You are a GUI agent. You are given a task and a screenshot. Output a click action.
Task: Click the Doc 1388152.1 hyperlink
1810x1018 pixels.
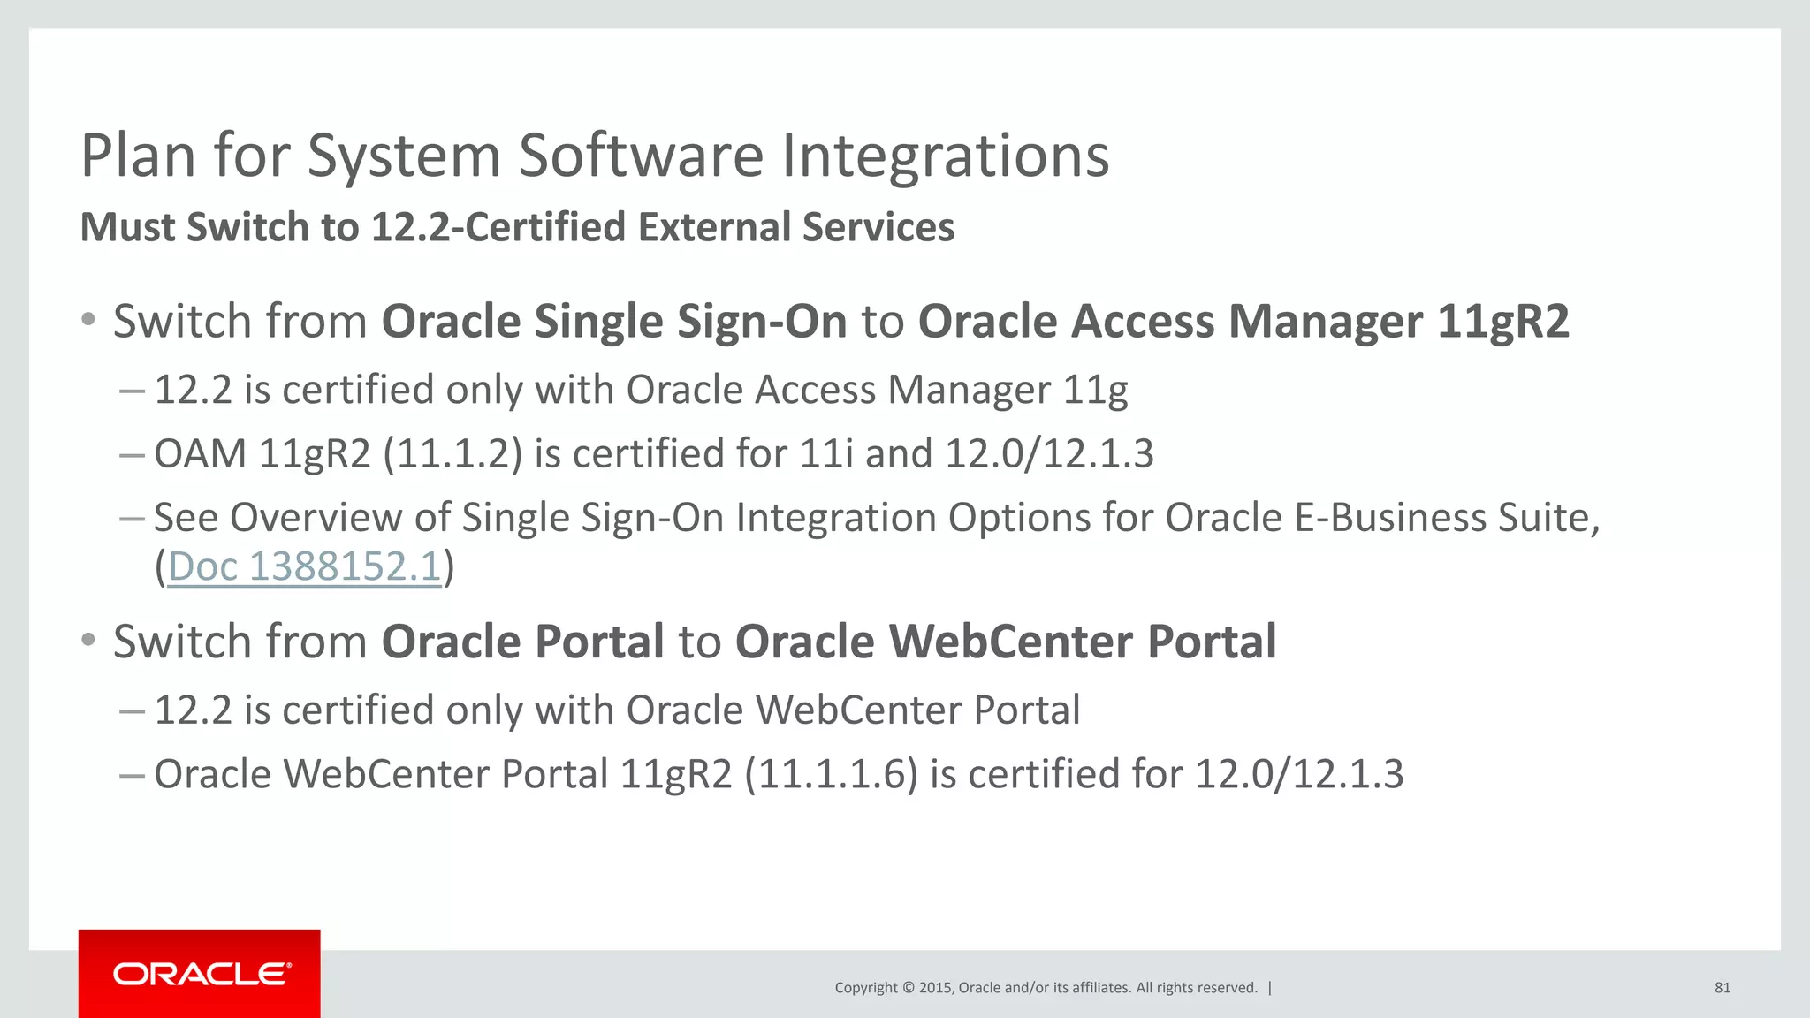click(x=304, y=566)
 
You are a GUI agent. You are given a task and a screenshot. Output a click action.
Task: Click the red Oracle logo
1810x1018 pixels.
click(x=200, y=974)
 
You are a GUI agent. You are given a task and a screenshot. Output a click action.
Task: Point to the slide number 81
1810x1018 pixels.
click(x=1722, y=988)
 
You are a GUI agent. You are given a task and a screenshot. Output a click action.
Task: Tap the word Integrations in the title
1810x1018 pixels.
click(x=945, y=156)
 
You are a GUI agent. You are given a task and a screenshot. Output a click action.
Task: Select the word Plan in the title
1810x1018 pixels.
click(x=138, y=156)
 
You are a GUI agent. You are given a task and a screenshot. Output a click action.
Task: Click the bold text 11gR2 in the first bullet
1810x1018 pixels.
click(x=1502, y=321)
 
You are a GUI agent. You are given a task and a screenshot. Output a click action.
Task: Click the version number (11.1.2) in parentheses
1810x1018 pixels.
click(x=452, y=454)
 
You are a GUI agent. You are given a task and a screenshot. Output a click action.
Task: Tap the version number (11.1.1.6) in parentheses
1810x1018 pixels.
click(x=831, y=775)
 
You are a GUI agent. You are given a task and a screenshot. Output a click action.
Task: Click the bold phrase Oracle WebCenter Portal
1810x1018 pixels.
click(x=1006, y=642)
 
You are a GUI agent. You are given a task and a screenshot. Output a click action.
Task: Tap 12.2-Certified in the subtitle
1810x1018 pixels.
click(x=498, y=227)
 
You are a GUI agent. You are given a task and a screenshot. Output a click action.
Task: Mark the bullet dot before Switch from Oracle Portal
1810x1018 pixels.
click(x=88, y=640)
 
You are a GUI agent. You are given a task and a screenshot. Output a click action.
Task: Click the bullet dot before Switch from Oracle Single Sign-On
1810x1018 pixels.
click(x=88, y=319)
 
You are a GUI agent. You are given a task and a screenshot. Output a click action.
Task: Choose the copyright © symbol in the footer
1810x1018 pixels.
click(x=908, y=988)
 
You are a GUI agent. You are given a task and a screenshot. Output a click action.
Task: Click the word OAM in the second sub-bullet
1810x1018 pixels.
click(x=200, y=454)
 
